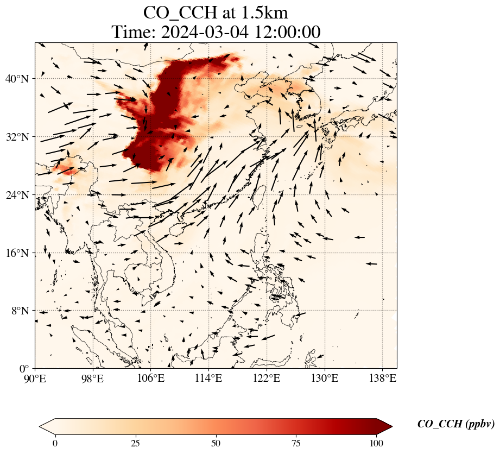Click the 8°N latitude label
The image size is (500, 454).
point(19,311)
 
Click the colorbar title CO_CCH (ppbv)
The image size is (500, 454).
point(455,424)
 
